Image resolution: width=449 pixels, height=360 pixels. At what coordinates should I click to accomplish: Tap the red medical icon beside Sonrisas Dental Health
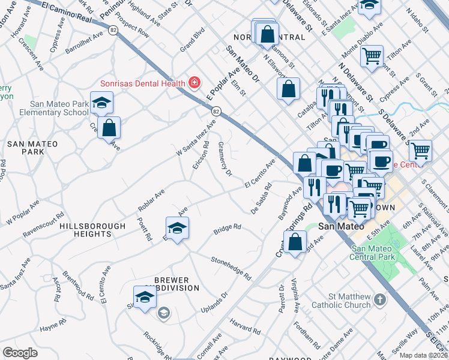pos(194,82)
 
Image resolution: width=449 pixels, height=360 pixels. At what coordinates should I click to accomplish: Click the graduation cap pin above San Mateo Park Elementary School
pos(101,103)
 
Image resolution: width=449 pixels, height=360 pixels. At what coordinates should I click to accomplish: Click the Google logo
pos(20,353)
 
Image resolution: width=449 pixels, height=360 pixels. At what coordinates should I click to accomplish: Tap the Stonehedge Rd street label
pos(231,267)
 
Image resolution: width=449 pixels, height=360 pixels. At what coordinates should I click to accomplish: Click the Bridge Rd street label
pos(228,229)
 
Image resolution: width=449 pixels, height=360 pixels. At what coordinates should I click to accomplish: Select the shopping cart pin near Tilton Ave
pos(372,57)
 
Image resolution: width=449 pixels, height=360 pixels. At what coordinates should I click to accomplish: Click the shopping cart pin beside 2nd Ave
pos(420,150)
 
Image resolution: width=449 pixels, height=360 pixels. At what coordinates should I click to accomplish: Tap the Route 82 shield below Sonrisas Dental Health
pos(216,111)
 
